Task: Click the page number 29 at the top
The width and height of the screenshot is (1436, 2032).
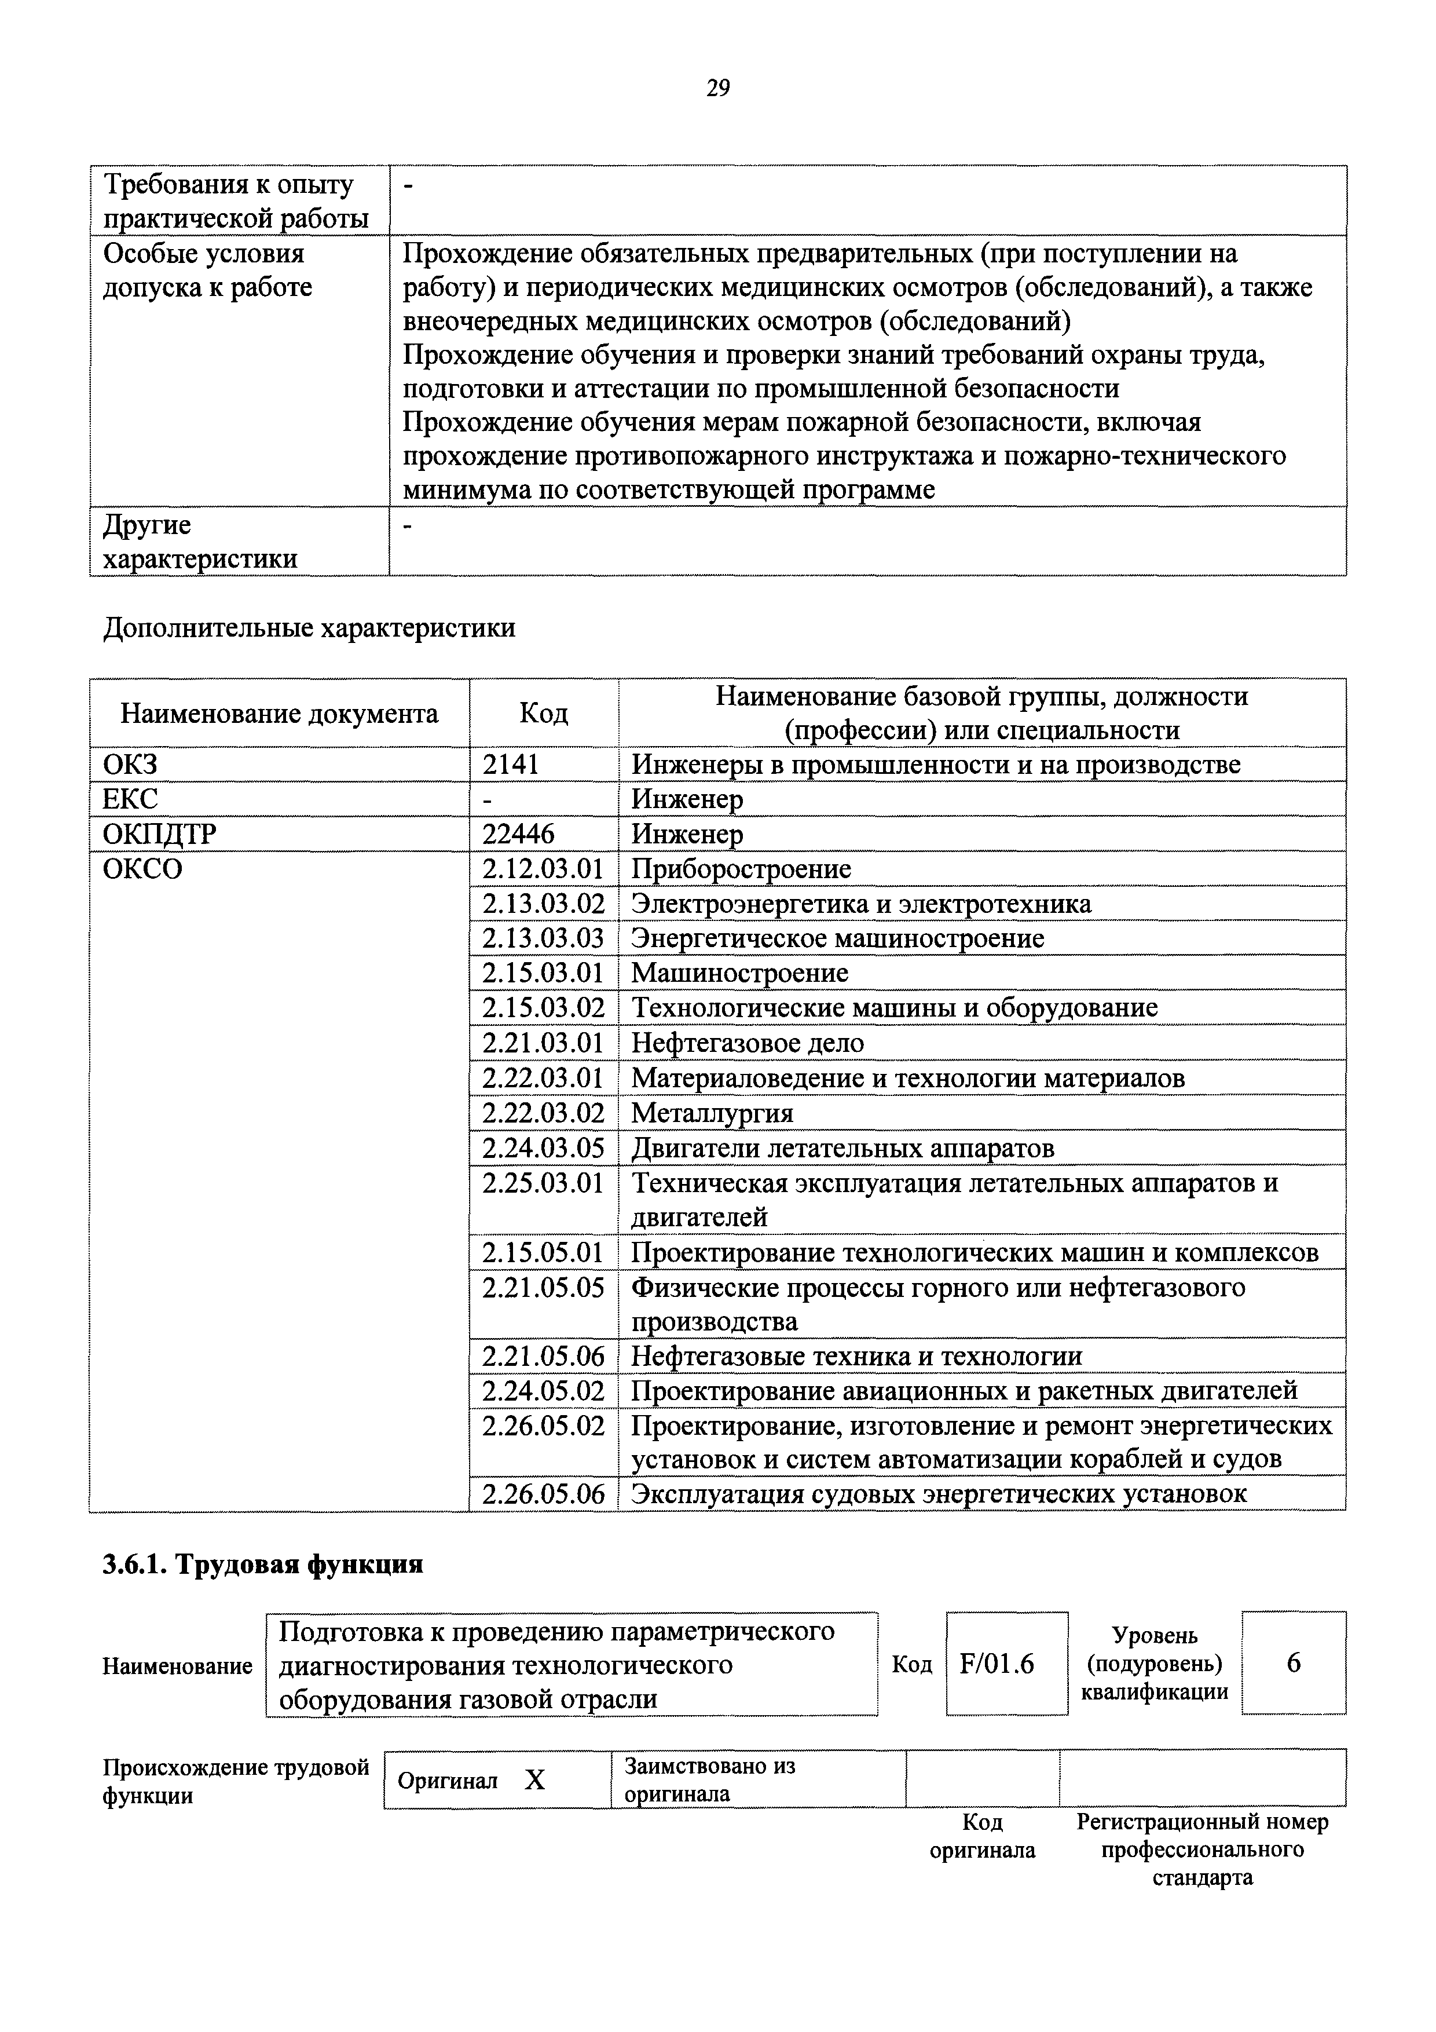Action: point(717,87)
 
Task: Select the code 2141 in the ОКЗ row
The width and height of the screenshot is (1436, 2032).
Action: point(511,764)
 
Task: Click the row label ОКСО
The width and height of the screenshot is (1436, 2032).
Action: point(142,869)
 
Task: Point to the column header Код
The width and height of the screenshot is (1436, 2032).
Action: point(543,713)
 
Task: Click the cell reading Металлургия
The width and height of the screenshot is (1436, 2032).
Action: point(712,1113)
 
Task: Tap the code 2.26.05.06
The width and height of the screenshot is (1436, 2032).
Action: point(543,1494)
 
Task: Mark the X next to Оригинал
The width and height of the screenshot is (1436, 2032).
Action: point(534,1780)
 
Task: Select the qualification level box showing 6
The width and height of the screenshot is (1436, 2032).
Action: point(1294,1663)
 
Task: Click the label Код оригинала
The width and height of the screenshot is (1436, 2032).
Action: point(982,1836)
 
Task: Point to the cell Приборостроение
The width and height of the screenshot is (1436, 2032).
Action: point(741,869)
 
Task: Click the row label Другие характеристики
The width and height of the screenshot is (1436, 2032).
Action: point(200,542)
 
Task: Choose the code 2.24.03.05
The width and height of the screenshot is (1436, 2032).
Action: point(543,1148)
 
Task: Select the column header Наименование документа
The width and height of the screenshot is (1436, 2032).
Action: point(279,713)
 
